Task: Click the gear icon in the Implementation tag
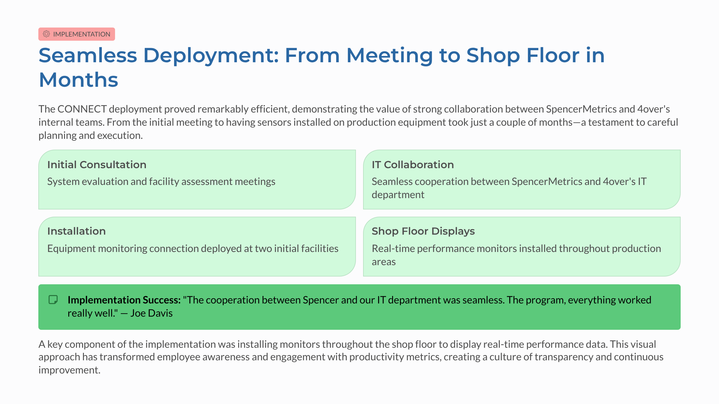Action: point(46,34)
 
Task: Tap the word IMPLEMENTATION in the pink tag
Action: point(82,34)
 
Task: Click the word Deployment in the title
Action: point(211,56)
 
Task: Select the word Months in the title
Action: point(78,80)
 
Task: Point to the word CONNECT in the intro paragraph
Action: point(82,109)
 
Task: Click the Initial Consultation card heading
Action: point(97,165)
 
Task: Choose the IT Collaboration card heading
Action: point(413,165)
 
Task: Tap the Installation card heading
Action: point(76,231)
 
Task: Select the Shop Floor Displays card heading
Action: point(423,231)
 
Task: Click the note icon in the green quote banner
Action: point(53,300)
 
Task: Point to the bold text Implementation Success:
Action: point(124,300)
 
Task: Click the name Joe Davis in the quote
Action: point(151,313)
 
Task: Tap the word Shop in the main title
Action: point(493,56)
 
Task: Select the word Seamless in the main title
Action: point(88,55)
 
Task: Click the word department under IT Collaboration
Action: point(398,195)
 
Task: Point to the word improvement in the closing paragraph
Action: point(70,370)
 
